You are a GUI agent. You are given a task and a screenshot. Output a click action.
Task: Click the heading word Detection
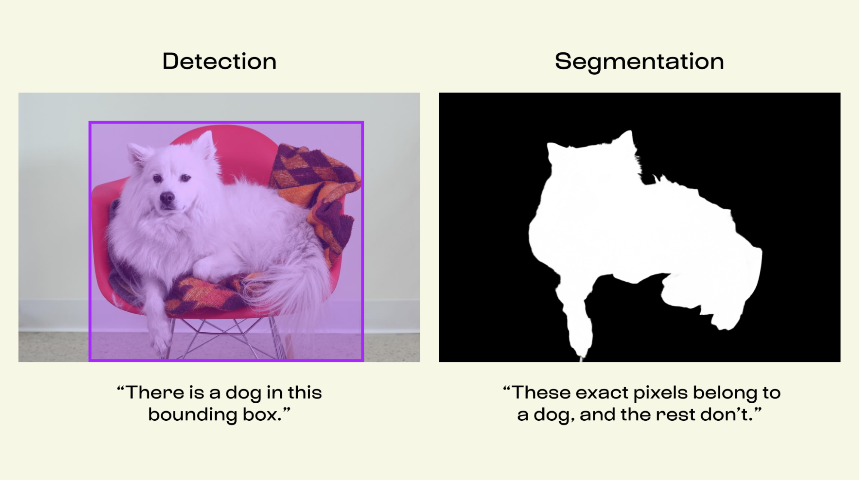219,61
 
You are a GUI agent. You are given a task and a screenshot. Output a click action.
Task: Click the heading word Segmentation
639,62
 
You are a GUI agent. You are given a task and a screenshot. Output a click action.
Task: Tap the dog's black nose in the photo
167,198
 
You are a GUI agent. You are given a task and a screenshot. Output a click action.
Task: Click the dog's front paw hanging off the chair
160,341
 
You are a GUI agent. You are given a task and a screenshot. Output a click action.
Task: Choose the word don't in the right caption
726,414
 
